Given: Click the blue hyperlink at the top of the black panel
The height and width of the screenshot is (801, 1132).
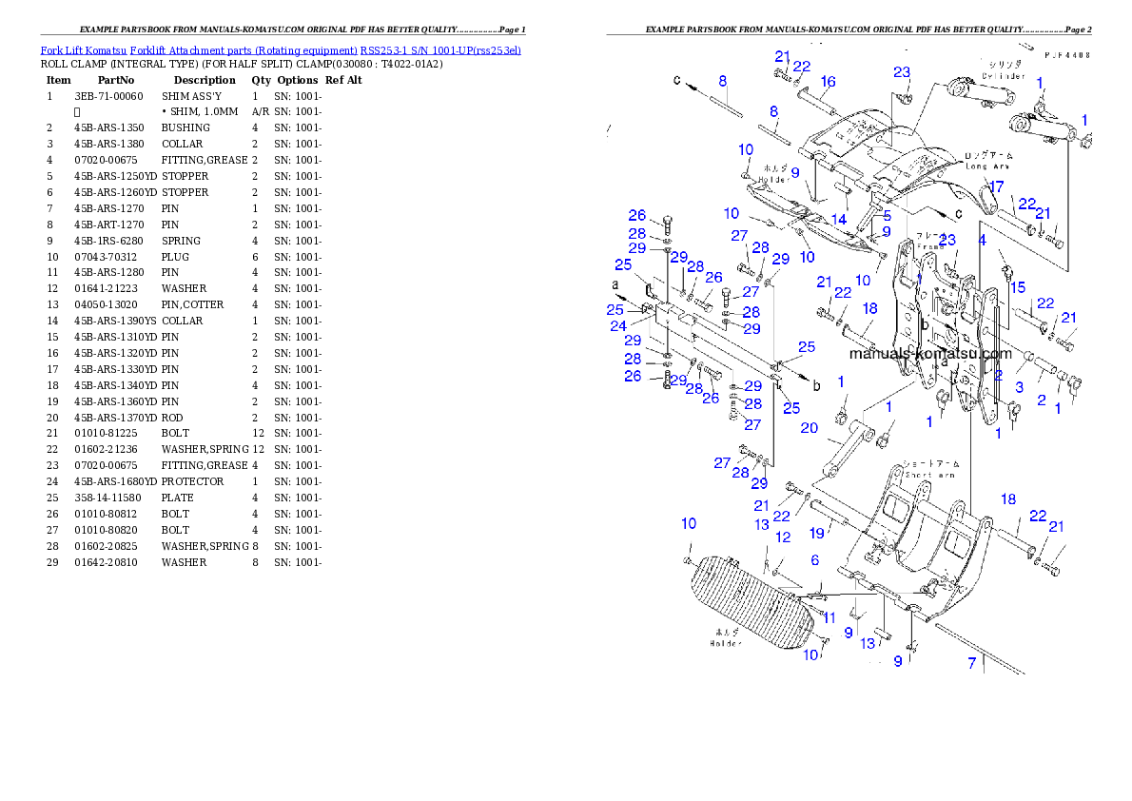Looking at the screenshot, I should tap(281, 50).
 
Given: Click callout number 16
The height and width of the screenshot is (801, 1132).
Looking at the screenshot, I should tap(829, 82).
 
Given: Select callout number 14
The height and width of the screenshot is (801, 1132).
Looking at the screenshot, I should tap(838, 219).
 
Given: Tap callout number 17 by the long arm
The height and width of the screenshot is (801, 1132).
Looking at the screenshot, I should tap(996, 187).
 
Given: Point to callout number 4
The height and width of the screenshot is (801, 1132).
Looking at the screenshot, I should tap(983, 241).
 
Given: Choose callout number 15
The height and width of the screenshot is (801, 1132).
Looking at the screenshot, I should tap(1018, 287).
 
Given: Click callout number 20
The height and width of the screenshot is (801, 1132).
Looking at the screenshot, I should tap(809, 428).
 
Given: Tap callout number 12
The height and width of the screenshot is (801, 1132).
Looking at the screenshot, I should tap(783, 537).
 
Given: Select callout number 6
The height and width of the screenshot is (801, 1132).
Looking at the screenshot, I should tap(814, 561).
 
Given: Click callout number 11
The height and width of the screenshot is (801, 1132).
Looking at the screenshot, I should tap(829, 617).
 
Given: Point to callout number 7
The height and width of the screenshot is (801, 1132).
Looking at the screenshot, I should tap(972, 663).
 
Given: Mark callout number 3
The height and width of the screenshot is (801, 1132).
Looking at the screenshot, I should tap(1019, 387).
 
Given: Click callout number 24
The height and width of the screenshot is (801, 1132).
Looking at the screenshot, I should tap(618, 326).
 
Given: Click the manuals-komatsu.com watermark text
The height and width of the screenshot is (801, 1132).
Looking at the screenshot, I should tap(929, 354).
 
